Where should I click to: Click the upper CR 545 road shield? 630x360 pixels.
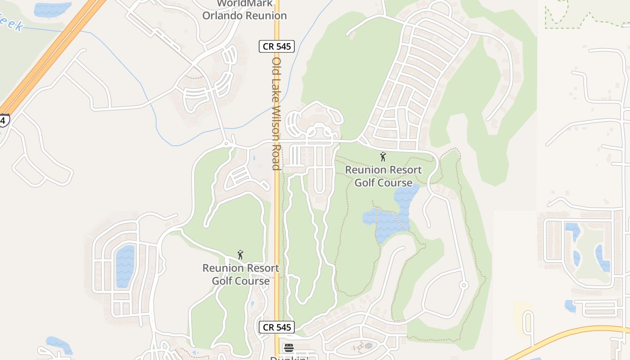[x=276, y=46]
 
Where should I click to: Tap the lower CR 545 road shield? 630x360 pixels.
[x=276, y=327]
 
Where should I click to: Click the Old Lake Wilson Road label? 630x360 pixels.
[x=276, y=113]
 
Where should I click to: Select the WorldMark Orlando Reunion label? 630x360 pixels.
[x=244, y=9]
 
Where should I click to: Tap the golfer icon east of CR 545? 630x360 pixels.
[x=383, y=157]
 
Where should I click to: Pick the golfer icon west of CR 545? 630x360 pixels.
[x=240, y=255]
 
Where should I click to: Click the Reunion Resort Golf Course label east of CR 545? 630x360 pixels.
[x=383, y=176]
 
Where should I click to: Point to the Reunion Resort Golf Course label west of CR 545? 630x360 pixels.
[x=241, y=274]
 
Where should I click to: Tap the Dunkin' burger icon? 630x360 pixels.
[x=288, y=348]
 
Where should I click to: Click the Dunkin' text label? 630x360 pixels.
[x=288, y=358]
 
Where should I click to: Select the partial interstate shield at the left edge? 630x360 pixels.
[x=4, y=120]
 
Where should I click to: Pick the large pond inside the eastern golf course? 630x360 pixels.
[x=390, y=216]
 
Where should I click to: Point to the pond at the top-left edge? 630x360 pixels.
[x=52, y=9]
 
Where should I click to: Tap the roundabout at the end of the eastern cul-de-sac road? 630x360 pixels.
[x=463, y=285]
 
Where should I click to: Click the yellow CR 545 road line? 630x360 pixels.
[x=277, y=225]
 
